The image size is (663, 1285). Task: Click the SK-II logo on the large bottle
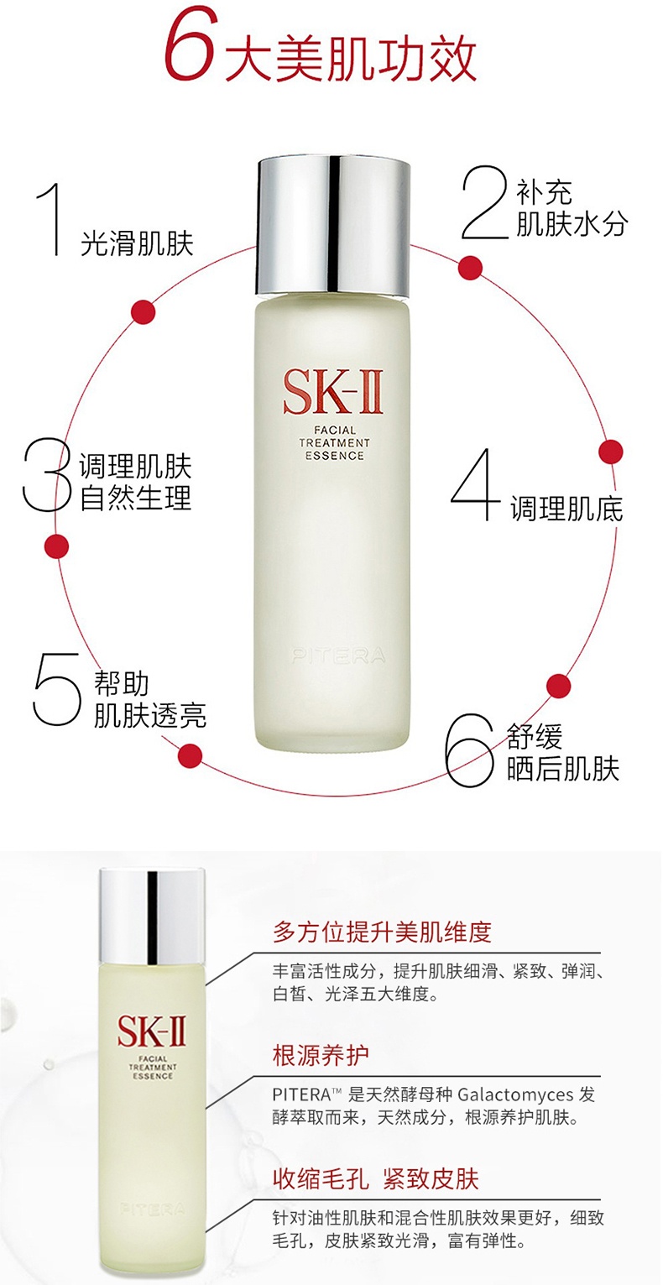(333, 393)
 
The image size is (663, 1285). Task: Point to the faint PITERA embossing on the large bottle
(339, 656)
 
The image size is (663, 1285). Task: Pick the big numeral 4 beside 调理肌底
(476, 485)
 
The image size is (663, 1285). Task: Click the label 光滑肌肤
(137, 243)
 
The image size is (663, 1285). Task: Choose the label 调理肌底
(566, 509)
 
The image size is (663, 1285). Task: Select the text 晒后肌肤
(562, 769)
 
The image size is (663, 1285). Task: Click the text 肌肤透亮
(149, 715)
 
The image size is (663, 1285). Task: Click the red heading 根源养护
(321, 1055)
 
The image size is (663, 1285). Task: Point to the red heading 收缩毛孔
(321, 1179)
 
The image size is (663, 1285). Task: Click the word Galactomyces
(515, 1094)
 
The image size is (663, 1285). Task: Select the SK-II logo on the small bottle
(151, 1032)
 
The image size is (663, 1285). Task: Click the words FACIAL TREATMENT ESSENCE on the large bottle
(334, 443)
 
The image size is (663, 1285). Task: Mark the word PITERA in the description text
(302, 1094)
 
